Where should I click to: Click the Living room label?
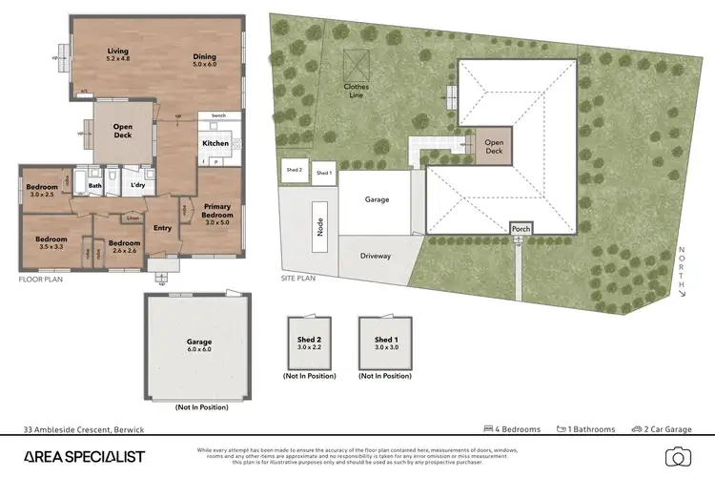[x=118, y=55]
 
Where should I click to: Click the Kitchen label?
[x=214, y=143]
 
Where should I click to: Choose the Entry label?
[x=162, y=227]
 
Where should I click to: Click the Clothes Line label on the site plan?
[x=356, y=91]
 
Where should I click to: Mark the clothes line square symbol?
[x=356, y=65]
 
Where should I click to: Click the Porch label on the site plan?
[x=520, y=229]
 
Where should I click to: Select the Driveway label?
[x=376, y=256]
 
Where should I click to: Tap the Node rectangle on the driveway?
[x=321, y=227]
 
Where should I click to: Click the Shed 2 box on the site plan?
[x=294, y=171]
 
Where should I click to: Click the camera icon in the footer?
[x=678, y=456]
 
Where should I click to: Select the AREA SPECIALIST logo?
[x=85, y=456]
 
